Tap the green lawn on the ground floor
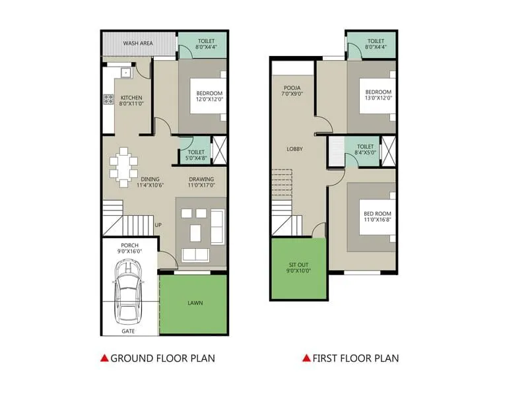point(194,304)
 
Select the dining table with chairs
point(123,166)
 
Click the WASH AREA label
point(138,44)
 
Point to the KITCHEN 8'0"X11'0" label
point(131,101)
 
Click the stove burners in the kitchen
point(108,100)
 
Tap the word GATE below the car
point(129,331)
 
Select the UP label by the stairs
point(158,225)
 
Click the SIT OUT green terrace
point(298,268)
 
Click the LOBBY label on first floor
point(294,149)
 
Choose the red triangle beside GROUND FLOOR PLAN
point(104,358)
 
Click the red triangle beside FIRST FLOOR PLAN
point(306,358)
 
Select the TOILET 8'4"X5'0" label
point(365,150)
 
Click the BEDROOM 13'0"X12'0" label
point(378,94)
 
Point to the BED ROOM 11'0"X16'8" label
point(378,217)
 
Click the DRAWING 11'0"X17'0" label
point(201,182)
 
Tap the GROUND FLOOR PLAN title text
point(162,358)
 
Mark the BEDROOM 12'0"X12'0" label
point(209,96)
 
